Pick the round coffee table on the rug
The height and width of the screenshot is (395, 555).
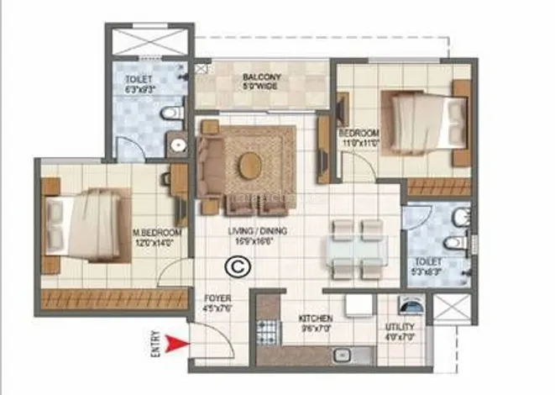(x=249, y=165)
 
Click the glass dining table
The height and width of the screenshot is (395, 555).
(x=358, y=250)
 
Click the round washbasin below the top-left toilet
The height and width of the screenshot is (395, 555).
(x=177, y=144)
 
